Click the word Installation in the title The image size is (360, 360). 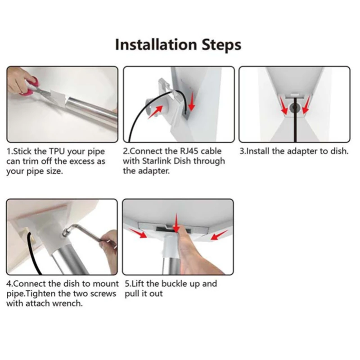coord(156,45)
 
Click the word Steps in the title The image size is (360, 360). coord(221,45)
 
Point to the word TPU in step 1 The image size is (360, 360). coord(57,152)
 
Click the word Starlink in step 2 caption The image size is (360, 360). coord(157,161)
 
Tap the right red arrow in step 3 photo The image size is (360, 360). coord(306,105)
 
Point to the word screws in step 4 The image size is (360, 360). coord(103,294)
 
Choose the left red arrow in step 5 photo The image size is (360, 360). coord(138,233)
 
